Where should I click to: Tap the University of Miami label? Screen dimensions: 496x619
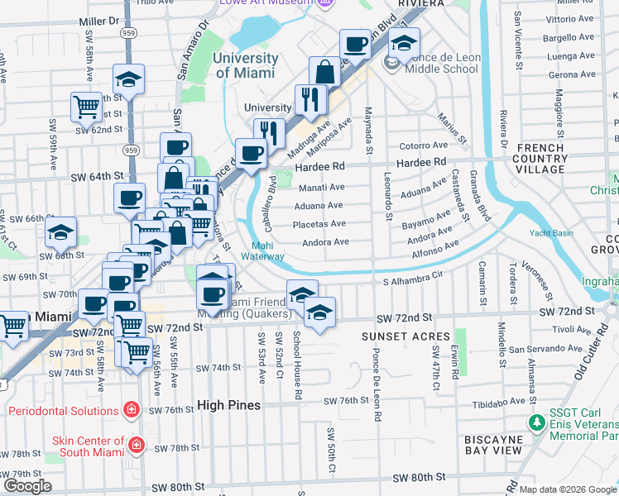245,65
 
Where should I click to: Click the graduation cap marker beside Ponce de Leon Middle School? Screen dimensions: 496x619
405,43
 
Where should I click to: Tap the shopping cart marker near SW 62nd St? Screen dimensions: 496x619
85,106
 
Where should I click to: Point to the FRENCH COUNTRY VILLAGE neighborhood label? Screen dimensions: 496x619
540,159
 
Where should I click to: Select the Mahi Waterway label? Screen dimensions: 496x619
263,250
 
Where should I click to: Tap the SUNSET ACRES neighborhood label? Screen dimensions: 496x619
405,337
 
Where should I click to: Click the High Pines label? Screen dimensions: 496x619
229,405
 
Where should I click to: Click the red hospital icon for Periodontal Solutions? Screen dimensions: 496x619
130,410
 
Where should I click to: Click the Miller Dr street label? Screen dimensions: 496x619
97,19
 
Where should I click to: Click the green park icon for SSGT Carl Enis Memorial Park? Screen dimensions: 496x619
538,423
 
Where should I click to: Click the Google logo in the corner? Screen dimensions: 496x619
27,486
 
